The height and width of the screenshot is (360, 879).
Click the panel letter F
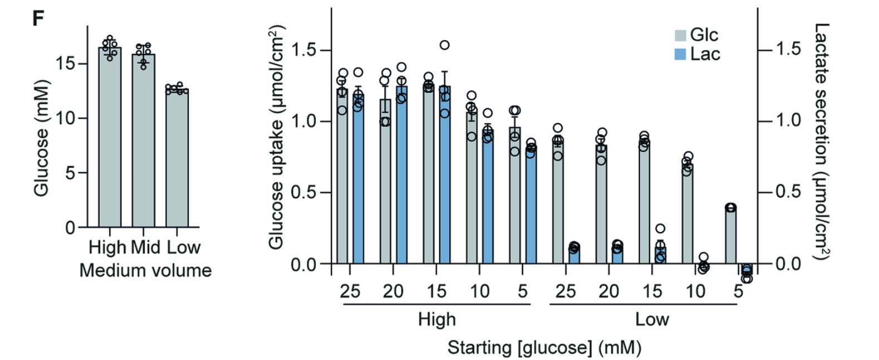(38, 18)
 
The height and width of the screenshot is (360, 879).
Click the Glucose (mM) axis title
(42, 138)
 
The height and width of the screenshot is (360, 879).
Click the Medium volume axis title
(145, 271)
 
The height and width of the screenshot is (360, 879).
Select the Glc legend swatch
(680, 35)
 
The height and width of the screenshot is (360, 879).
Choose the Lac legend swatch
(680, 54)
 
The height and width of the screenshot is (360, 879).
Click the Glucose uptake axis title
(276, 138)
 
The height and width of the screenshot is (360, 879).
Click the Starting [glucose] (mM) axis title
(544, 348)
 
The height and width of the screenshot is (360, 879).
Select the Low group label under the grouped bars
(652, 319)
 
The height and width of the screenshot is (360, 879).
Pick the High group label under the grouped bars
(437, 319)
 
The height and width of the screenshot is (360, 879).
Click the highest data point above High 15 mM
(445, 45)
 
